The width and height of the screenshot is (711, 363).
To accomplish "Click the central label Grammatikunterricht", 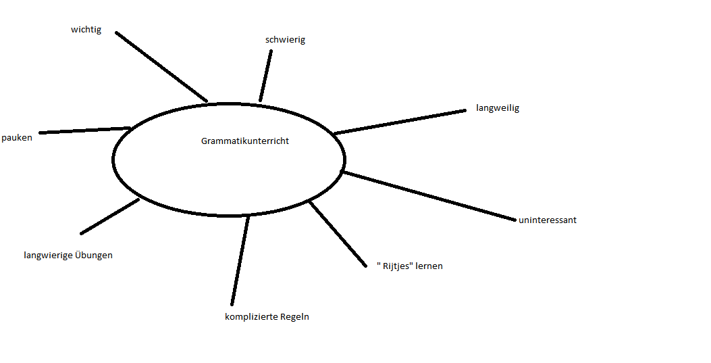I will click(x=244, y=141).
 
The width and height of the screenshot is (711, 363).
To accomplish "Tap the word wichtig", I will click(x=86, y=30).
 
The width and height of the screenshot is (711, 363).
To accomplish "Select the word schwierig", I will click(x=285, y=40).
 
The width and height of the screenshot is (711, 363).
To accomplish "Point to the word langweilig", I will click(x=497, y=108).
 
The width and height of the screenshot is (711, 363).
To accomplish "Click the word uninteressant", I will click(x=547, y=220).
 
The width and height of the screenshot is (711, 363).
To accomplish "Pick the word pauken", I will click(x=17, y=138).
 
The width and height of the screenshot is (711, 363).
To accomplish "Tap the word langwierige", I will click(x=49, y=256).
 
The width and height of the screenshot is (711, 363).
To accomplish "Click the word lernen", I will click(x=429, y=266).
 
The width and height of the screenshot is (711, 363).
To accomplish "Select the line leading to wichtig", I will click(x=161, y=66).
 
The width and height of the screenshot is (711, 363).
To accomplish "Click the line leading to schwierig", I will click(x=266, y=75).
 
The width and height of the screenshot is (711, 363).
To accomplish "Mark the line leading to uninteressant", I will click(x=429, y=195).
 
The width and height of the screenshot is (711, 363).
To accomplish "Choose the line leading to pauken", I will click(x=84, y=130).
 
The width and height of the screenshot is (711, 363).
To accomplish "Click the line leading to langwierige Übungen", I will click(x=110, y=216).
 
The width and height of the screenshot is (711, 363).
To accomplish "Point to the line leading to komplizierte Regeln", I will click(x=240, y=260).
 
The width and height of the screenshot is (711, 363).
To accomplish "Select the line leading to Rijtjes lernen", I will click(x=337, y=232).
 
